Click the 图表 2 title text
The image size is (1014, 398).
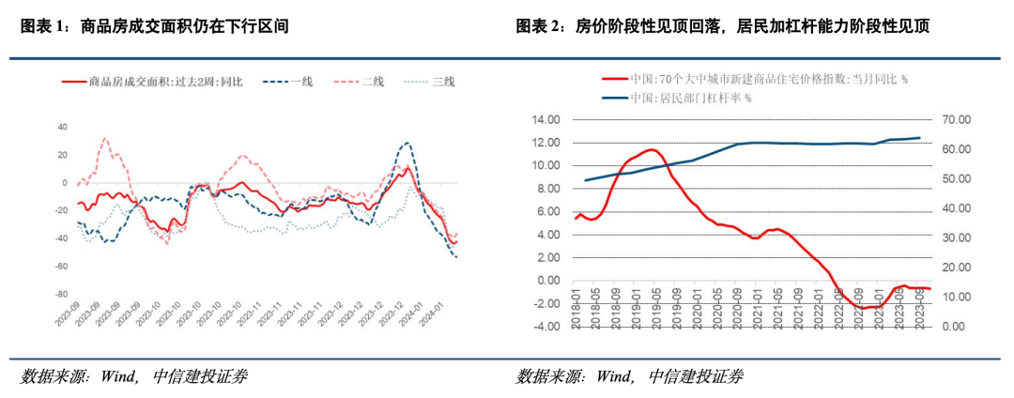pyautogui.click(x=722, y=26)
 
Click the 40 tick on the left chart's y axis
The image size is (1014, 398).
pyautogui.click(x=64, y=127)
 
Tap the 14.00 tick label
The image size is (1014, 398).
pyautogui.click(x=545, y=119)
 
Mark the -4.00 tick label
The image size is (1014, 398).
pyautogui.click(x=545, y=327)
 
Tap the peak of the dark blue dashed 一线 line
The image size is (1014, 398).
pyautogui.click(x=406, y=144)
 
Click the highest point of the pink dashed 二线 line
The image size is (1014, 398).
pyautogui.click(x=104, y=139)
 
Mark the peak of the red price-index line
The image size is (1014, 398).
pyautogui.click(x=649, y=149)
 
